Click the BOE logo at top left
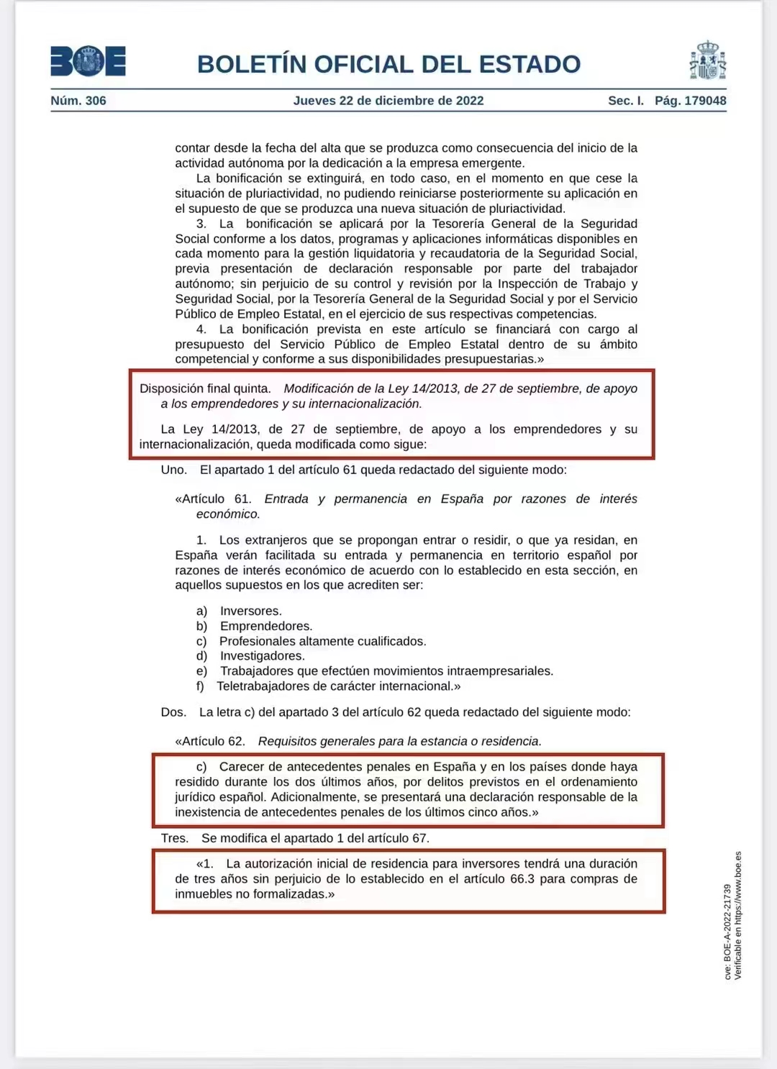[88, 61]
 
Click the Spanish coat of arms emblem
[707, 61]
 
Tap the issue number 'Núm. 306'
[78, 101]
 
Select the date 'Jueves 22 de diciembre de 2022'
[388, 101]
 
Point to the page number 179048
[705, 101]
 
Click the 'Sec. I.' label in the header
[626, 101]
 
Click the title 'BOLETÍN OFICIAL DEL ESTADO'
[388, 64]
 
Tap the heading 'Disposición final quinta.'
[205, 388]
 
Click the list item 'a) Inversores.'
[240, 611]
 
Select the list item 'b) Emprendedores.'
[255, 626]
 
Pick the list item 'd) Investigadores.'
[251, 656]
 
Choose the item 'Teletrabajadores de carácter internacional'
[338, 686]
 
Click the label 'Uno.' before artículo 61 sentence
[173, 470]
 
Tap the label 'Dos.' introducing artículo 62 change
[173, 712]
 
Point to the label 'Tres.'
[175, 838]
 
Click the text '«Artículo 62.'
[210, 741]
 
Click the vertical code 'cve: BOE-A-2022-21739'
[727, 932]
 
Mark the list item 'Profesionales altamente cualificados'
[322, 641]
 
